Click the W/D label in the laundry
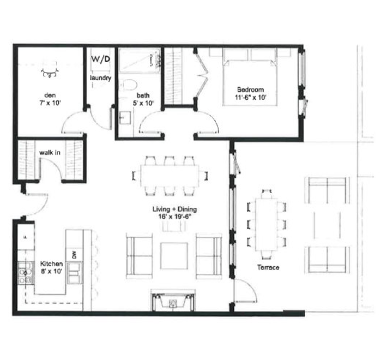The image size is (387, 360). (x=100, y=59)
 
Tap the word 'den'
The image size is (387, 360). (x=50, y=95)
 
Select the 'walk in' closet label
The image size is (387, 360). (x=50, y=153)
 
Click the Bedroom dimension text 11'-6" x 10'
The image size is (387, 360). (x=250, y=97)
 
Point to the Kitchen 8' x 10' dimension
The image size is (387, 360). (x=51, y=271)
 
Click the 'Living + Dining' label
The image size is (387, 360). (x=175, y=209)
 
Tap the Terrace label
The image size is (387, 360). (x=268, y=267)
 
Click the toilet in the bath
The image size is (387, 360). (x=129, y=85)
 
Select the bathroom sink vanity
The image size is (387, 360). (x=125, y=118)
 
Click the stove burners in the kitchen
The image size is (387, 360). (x=26, y=273)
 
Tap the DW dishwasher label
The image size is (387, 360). (x=74, y=255)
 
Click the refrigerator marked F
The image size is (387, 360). (x=26, y=237)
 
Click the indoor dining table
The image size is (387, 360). (x=170, y=176)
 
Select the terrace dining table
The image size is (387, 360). (x=266, y=224)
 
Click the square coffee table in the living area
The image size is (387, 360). (x=174, y=256)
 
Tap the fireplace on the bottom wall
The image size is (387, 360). (x=173, y=300)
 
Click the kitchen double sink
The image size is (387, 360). (x=74, y=273)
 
